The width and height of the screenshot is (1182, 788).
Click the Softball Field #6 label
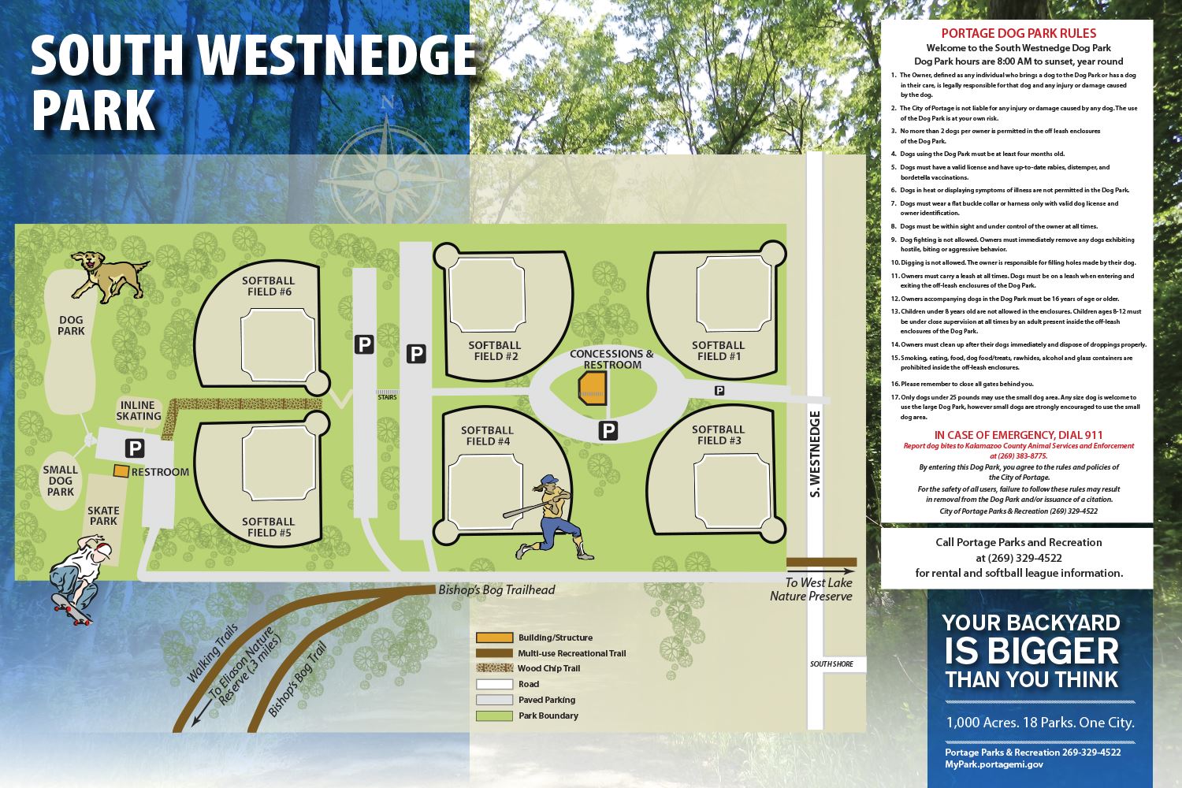click(x=268, y=286)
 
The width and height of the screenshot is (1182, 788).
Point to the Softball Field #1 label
click(x=718, y=351)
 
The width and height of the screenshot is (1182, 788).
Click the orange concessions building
click(x=593, y=388)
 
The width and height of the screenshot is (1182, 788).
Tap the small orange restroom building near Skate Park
click(x=121, y=471)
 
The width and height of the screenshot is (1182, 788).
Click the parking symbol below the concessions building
click(x=608, y=430)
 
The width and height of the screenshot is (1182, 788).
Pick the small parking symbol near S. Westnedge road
click(x=719, y=390)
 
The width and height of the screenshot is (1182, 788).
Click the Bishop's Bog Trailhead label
click(x=496, y=590)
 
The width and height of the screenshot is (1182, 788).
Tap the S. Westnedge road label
click(x=816, y=455)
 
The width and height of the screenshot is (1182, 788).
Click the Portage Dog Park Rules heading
click(x=1018, y=33)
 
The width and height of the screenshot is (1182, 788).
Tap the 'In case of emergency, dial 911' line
click(x=1018, y=435)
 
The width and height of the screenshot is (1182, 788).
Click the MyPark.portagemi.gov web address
click(x=994, y=764)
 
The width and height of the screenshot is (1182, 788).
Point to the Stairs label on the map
click(x=386, y=397)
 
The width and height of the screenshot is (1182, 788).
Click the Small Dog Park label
click(x=60, y=481)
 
